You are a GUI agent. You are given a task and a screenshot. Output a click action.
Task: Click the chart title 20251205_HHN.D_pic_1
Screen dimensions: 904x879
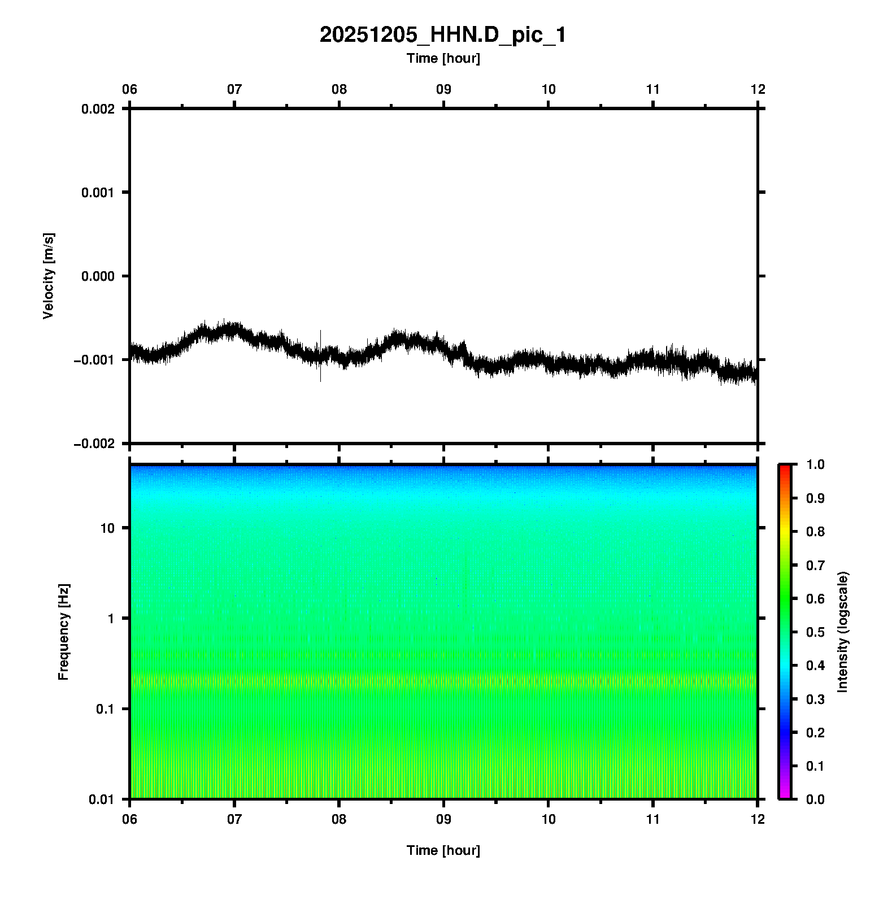coord(442,35)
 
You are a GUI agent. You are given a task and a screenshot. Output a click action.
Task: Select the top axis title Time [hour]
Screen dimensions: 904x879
coord(443,58)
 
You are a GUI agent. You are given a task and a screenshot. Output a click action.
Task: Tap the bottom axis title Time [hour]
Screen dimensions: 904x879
coord(443,850)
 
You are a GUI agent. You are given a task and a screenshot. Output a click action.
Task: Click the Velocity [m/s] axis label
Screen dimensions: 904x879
coord(49,276)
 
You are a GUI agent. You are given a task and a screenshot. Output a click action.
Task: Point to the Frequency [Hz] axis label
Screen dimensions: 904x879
coord(63,632)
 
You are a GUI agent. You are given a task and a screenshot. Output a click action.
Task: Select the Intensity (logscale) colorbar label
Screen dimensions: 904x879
coord(843,632)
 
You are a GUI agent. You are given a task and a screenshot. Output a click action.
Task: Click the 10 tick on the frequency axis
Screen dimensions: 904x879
coord(107,528)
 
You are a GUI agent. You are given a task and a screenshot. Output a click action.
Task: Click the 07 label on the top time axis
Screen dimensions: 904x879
coord(234,89)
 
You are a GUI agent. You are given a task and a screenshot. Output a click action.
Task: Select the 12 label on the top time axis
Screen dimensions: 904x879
coord(758,89)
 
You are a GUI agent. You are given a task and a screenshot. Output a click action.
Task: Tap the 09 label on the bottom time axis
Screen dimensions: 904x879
coord(443,819)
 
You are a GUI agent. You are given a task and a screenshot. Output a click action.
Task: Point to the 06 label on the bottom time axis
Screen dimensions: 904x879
coord(130,819)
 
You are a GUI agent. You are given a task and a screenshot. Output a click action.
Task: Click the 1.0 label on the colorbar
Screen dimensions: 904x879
coord(816,464)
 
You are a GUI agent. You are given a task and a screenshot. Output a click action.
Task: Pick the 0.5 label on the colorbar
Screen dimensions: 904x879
coord(816,632)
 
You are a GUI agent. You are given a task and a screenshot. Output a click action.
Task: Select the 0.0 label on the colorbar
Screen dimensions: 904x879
coord(816,799)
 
